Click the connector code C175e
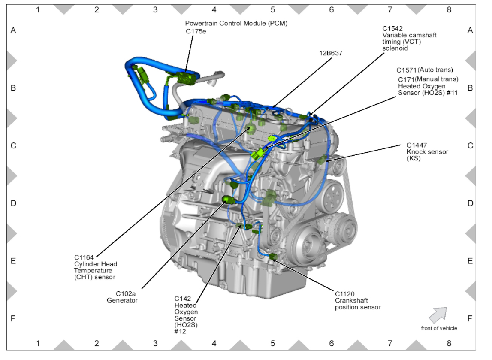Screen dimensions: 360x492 point(196,31)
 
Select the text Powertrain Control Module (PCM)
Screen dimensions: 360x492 point(236,23)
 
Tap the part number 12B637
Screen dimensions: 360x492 point(331,53)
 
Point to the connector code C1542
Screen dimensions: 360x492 point(392,29)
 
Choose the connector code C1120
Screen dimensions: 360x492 point(345,294)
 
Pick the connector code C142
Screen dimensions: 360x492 point(182,298)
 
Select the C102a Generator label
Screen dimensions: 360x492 point(123,297)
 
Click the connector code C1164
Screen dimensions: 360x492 point(84,257)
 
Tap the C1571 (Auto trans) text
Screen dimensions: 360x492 point(425,70)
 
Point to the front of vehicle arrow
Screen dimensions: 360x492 point(438,315)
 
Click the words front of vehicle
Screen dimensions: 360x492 point(439,328)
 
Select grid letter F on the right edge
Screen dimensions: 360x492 point(470,318)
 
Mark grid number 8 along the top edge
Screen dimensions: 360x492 point(449,9)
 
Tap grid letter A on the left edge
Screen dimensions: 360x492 point(13,30)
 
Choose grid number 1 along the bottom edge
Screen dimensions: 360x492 point(38,344)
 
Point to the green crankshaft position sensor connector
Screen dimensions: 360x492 point(274,257)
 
